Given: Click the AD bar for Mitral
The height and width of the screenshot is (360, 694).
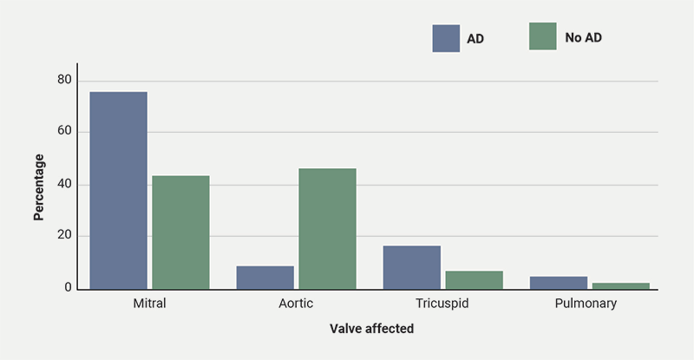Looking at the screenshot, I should [x=118, y=190].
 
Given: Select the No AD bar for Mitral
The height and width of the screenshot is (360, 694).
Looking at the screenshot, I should [x=180, y=232].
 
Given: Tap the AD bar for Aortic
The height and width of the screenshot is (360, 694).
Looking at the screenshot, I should [x=265, y=277].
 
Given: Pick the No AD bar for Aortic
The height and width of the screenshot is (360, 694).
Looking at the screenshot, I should [x=327, y=228].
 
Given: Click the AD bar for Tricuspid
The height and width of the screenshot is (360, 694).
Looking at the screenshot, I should [x=411, y=266].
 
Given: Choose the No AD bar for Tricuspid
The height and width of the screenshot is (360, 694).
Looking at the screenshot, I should [x=474, y=279].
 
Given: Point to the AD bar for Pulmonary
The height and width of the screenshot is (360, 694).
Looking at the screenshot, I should [x=558, y=282].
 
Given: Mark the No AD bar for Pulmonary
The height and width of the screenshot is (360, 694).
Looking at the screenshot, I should [x=620, y=285].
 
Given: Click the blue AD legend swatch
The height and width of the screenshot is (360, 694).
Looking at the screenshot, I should [x=446, y=38].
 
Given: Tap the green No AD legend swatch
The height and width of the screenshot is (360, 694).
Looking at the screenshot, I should [x=543, y=36].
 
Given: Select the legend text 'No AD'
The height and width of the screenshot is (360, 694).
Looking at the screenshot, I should [x=582, y=38].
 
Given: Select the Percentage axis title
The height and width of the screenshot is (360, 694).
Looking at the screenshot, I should [x=39, y=187].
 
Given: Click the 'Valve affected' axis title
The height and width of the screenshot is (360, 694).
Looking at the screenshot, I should [x=371, y=330].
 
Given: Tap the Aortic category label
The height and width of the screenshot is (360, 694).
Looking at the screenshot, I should [x=296, y=304].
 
